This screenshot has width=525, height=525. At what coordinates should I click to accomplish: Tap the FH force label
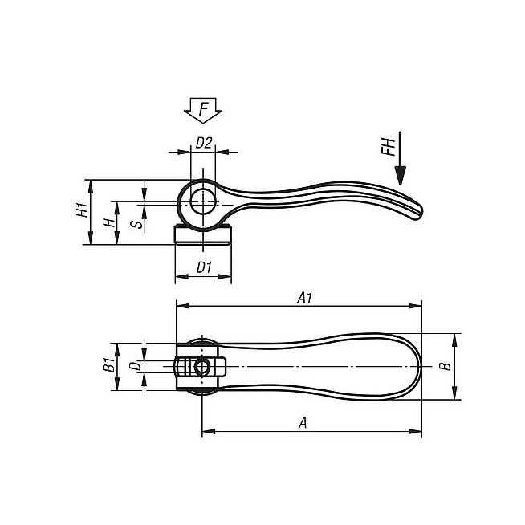coord(388,149)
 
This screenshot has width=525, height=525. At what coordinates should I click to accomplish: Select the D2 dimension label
coord(204,143)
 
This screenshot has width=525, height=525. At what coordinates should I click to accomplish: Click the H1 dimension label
coord(82,212)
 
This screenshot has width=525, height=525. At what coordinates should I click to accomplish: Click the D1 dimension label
coord(203,268)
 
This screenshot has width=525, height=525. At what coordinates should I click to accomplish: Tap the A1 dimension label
coord(304,297)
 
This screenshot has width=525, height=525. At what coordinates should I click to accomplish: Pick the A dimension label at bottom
coord(303,422)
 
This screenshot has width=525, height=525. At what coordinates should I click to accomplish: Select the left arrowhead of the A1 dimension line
coord(180,306)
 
